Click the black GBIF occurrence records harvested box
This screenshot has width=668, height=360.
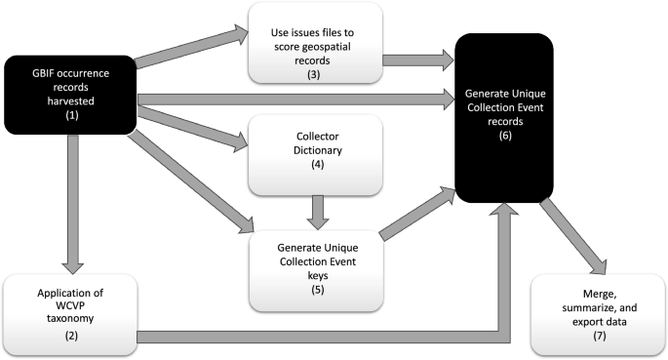(x=69, y=94)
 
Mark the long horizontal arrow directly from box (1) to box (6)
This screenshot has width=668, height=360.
(x=293, y=97)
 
